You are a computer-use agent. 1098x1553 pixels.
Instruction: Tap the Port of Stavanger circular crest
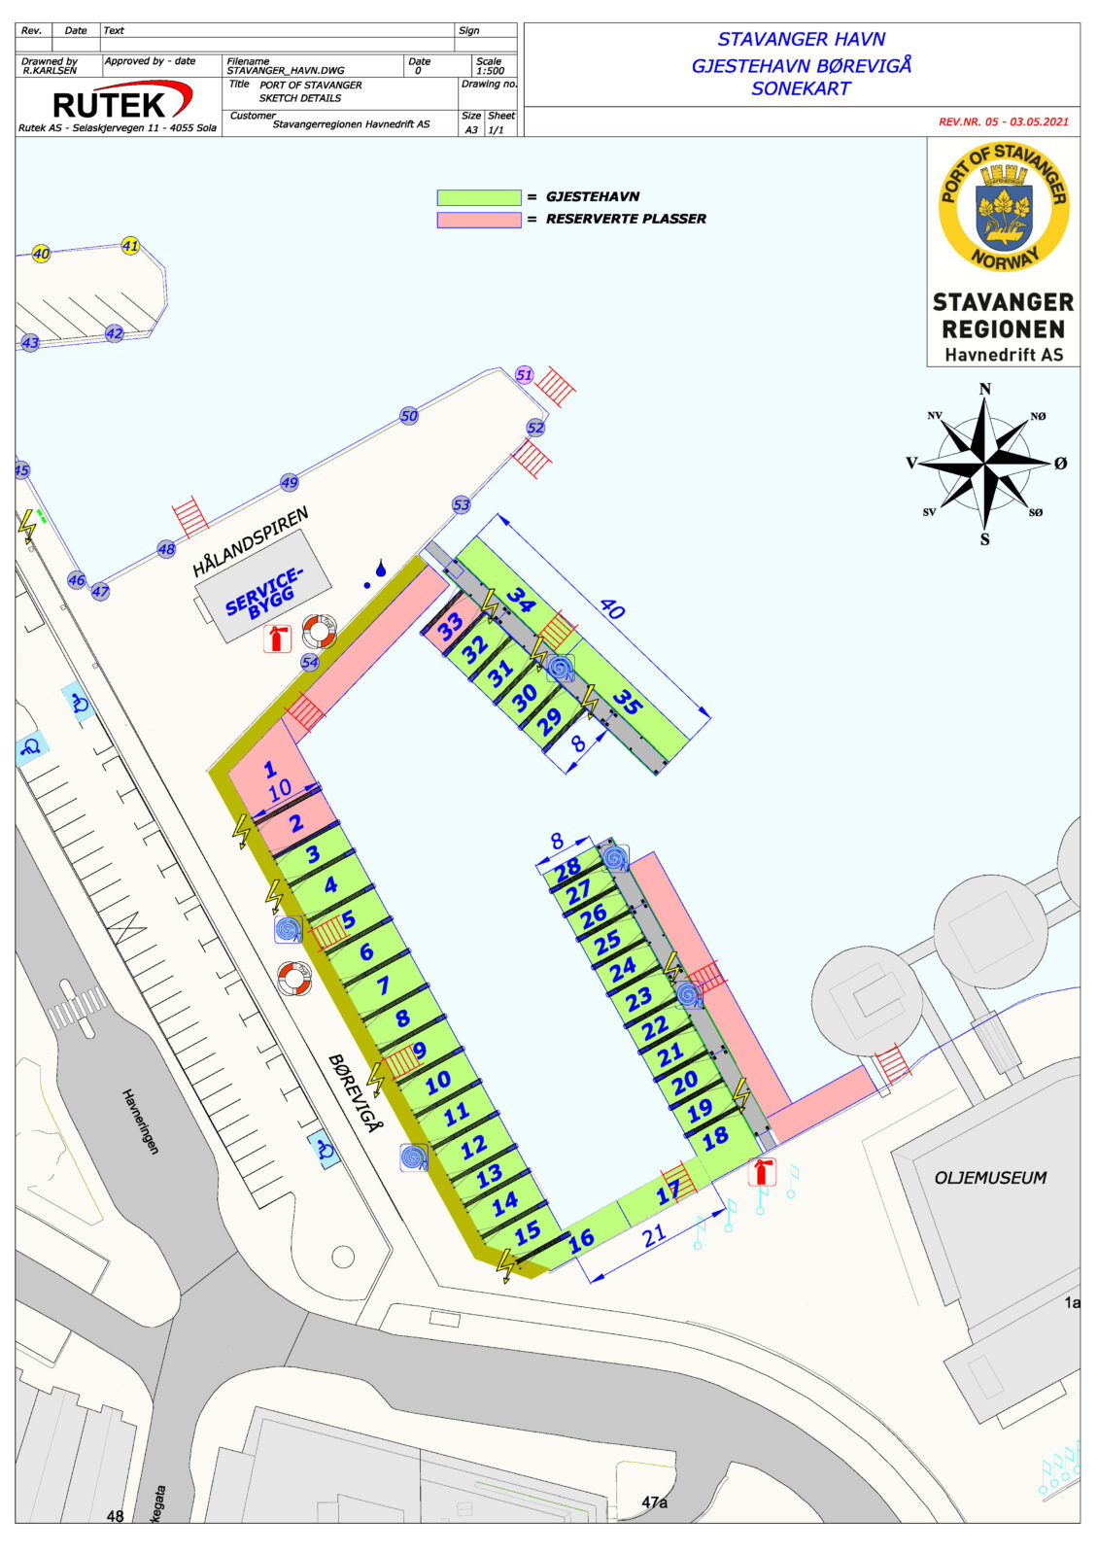click(1003, 206)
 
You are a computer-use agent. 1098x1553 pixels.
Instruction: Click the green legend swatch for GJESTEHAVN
click(478, 197)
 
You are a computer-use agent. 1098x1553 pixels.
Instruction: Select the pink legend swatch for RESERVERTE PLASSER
click(478, 220)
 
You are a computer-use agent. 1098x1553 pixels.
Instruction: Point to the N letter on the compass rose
click(984, 390)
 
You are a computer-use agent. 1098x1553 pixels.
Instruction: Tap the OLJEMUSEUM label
click(990, 1178)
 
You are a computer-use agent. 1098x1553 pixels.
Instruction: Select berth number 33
click(450, 627)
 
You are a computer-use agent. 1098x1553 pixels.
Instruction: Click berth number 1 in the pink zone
click(270, 771)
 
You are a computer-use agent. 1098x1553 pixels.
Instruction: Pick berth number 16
click(581, 1240)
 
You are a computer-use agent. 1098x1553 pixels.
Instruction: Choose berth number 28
click(567, 867)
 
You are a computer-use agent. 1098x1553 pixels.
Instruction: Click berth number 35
click(628, 702)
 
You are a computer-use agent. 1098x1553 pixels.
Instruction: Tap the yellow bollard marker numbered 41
click(130, 246)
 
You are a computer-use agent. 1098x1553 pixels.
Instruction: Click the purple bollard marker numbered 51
click(525, 375)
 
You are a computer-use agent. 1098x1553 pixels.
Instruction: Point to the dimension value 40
click(611, 609)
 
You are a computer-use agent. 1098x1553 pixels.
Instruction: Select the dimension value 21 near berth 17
click(654, 1234)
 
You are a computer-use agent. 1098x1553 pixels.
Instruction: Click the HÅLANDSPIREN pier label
click(250, 542)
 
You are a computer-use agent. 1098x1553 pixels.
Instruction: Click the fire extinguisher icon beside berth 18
click(762, 1172)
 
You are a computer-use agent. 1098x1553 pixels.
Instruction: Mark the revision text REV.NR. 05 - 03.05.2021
click(1003, 122)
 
